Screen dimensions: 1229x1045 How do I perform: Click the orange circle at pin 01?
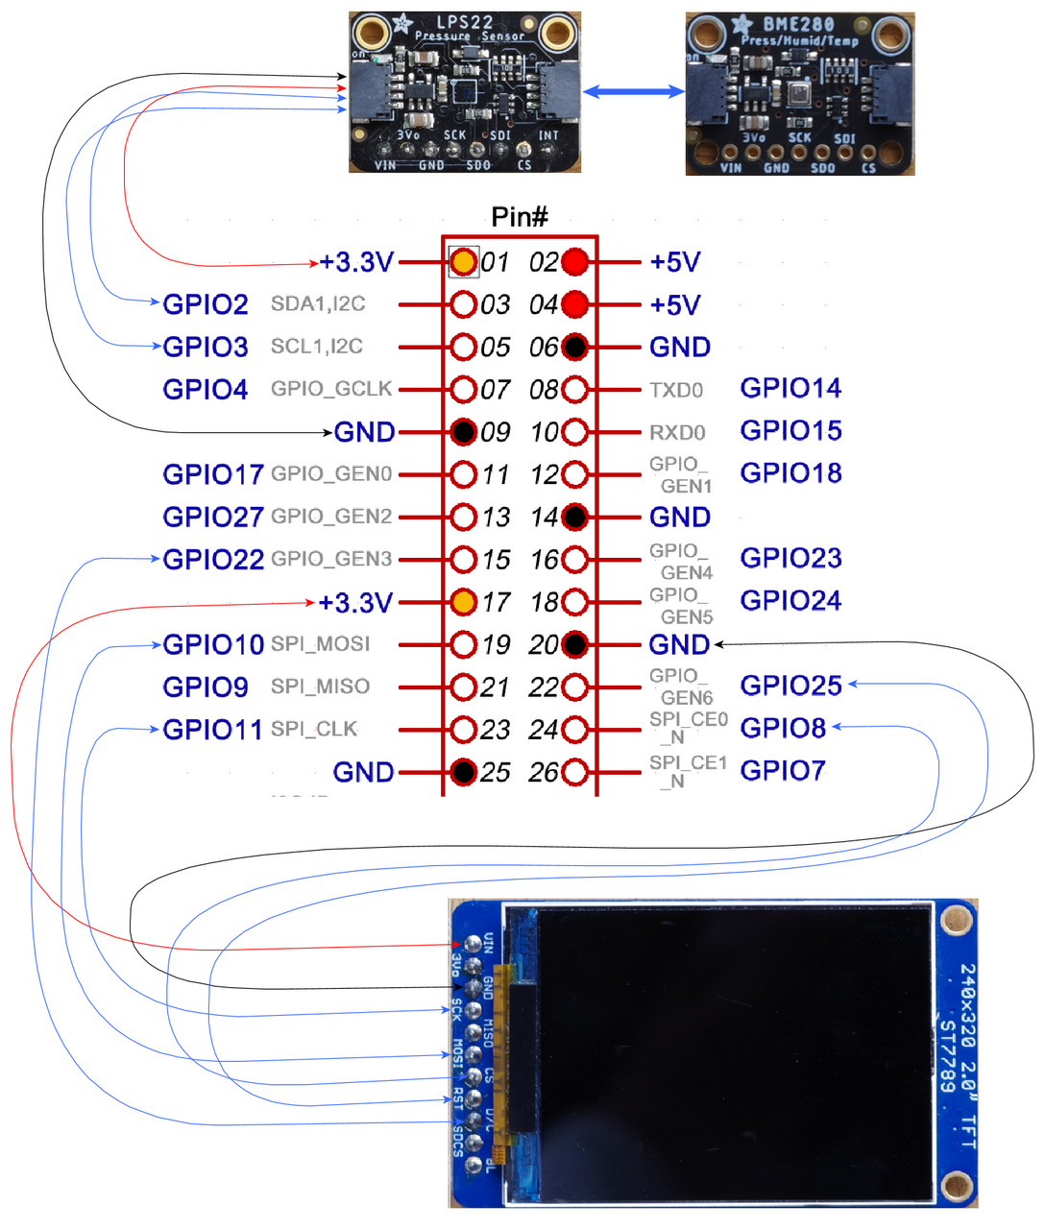(x=464, y=261)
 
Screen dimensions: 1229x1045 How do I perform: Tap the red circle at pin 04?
(x=574, y=304)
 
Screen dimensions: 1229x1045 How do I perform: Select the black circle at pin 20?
(x=574, y=644)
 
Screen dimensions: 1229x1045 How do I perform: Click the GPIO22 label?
(x=213, y=560)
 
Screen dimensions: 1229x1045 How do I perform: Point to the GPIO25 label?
(x=790, y=686)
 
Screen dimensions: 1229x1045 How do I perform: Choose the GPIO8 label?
(x=783, y=728)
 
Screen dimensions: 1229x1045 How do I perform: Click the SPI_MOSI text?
(x=320, y=644)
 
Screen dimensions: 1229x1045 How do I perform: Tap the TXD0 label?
(x=676, y=390)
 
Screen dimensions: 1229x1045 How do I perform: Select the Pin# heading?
(x=520, y=217)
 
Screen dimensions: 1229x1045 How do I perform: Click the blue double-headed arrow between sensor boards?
(x=633, y=92)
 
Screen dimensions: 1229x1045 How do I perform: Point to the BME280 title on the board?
(x=798, y=24)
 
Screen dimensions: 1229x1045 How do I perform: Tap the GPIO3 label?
(x=206, y=347)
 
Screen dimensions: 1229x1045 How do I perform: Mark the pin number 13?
(x=496, y=518)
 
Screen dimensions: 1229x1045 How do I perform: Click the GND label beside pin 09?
(x=364, y=432)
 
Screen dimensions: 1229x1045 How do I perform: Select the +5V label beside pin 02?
(x=675, y=262)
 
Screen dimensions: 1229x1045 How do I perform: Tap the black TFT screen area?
(x=735, y=1051)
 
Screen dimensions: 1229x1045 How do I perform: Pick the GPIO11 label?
(x=212, y=730)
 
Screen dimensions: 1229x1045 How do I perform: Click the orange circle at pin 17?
(x=464, y=602)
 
